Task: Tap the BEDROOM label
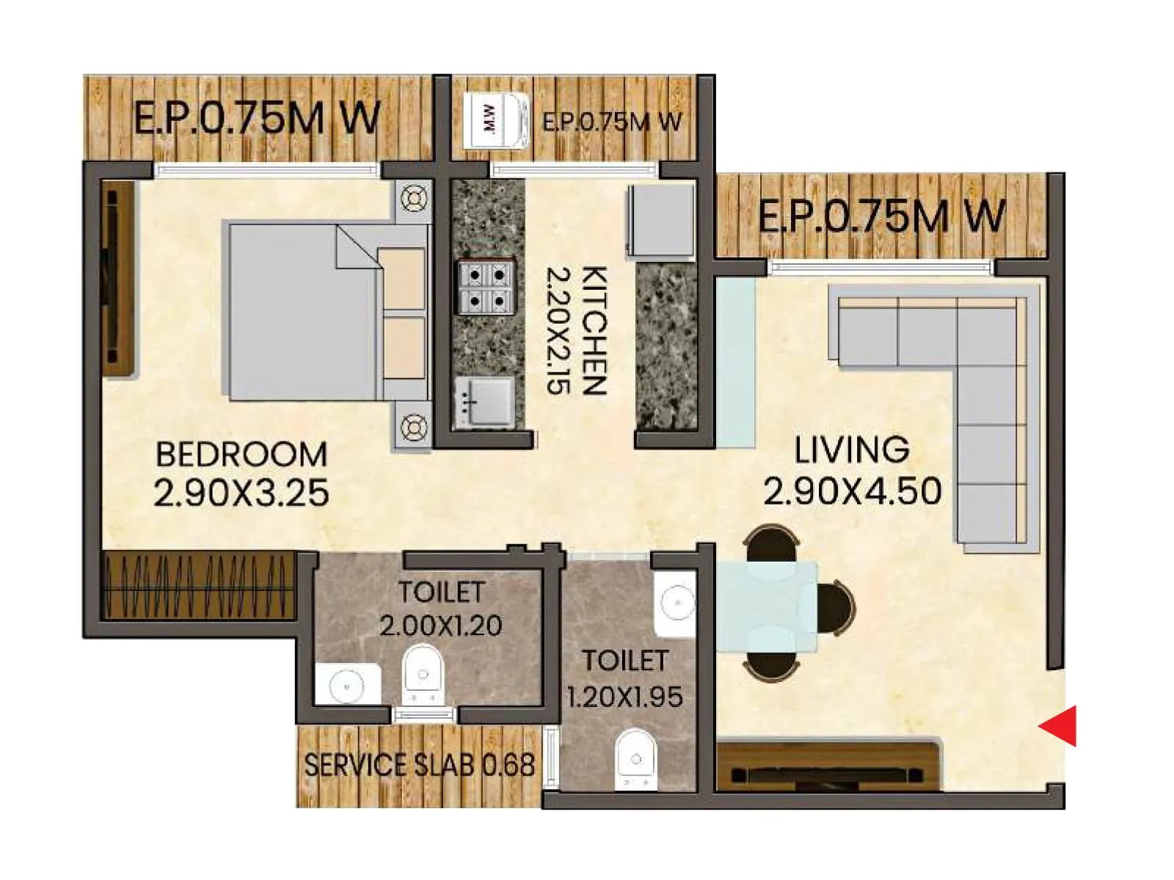241,455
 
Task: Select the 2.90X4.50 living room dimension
853,491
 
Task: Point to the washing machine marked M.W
497,120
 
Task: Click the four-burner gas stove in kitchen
484,287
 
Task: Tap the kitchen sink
483,402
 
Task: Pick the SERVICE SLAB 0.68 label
419,766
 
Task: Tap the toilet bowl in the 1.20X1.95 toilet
635,758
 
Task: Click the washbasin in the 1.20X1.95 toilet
675,603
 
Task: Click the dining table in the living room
767,606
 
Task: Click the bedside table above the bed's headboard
414,199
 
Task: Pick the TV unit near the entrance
828,766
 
